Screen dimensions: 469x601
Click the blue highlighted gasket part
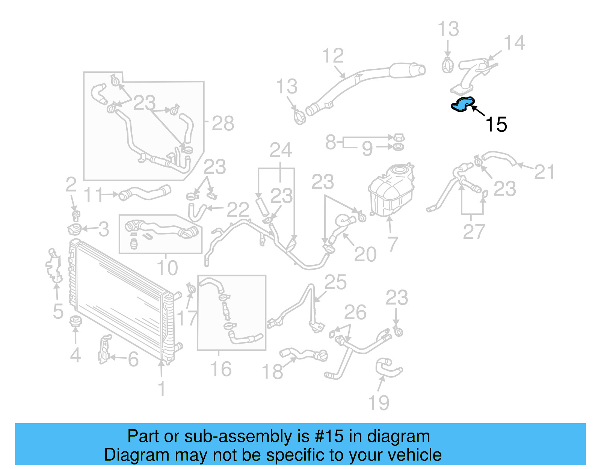click(x=463, y=105)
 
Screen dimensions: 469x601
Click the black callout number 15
click(x=496, y=125)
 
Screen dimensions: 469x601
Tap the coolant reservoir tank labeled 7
click(x=391, y=190)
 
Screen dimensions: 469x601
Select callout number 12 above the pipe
click(x=333, y=56)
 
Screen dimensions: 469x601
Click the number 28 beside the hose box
click(x=223, y=123)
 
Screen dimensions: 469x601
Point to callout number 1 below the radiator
click(x=162, y=389)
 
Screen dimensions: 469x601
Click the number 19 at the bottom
click(x=379, y=403)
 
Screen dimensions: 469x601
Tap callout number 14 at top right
click(x=514, y=43)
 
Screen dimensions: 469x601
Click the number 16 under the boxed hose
click(x=221, y=369)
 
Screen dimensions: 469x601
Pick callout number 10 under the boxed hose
click(x=167, y=268)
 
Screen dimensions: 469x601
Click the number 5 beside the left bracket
click(x=58, y=311)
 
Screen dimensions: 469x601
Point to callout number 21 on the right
click(x=544, y=172)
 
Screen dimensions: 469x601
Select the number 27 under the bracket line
click(x=474, y=232)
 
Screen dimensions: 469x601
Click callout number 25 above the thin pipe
click(x=335, y=282)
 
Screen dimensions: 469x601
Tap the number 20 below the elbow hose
click(x=365, y=255)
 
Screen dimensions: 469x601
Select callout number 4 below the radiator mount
click(x=75, y=355)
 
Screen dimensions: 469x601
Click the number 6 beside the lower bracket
click(x=133, y=359)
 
